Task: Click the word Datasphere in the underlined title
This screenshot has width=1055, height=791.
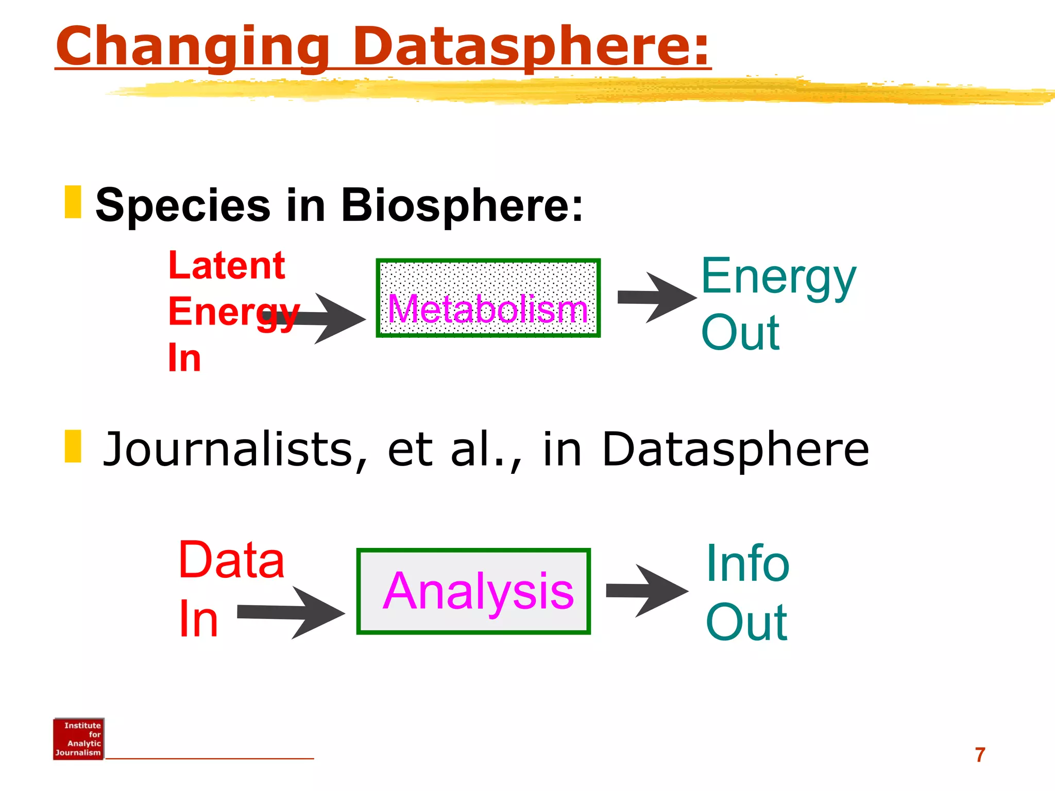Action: point(531,47)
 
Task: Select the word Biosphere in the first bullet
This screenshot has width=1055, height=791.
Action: point(462,205)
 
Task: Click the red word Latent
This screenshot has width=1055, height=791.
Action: point(227,266)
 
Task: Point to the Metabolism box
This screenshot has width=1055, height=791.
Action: point(488,298)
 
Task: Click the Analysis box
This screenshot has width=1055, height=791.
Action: point(473,591)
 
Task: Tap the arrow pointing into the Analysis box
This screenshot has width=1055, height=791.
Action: point(294,612)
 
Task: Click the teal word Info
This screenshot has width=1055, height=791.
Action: point(747,563)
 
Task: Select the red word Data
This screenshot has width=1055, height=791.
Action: point(231,560)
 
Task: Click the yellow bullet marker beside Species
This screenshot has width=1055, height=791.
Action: point(73,202)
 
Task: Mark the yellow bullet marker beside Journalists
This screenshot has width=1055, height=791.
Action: point(73,446)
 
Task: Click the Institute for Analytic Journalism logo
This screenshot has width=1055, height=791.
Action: point(78,739)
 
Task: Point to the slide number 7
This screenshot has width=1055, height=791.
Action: point(980,755)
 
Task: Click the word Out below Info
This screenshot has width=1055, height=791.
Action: point(746,623)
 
